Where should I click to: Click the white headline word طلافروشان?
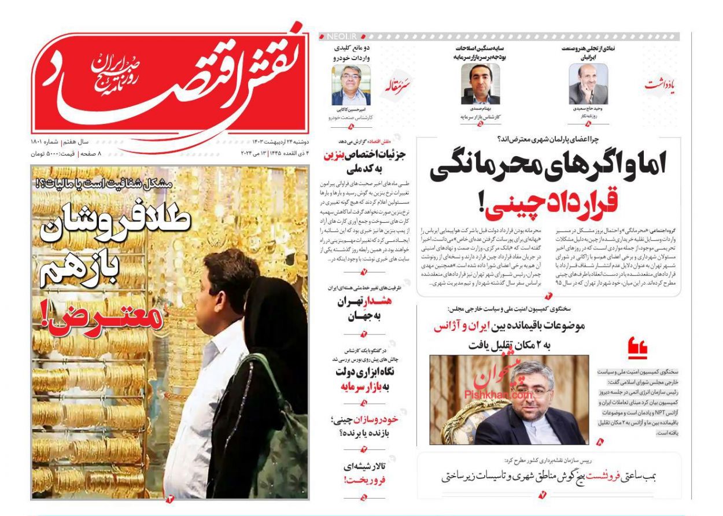[116, 227]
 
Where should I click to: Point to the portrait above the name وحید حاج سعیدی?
[588, 84]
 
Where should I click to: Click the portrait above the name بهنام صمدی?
[480, 84]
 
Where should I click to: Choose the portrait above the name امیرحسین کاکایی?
[351, 84]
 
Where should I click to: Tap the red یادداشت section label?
[660, 85]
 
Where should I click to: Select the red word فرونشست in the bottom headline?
[603, 476]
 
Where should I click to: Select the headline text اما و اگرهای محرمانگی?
[548, 164]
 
